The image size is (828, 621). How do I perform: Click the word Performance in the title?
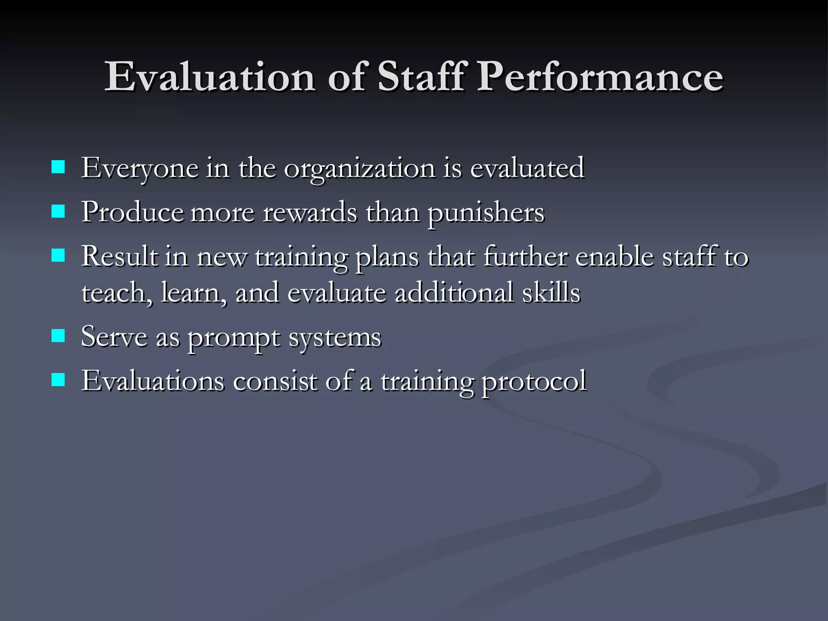601,76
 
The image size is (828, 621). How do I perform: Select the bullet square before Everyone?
58,167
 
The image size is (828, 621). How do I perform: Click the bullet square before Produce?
58,211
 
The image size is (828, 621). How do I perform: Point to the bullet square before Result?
58,256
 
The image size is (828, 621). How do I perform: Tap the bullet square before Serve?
58,336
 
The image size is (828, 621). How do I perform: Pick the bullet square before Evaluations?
58,380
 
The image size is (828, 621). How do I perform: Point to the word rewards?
310,212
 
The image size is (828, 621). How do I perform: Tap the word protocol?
534,382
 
